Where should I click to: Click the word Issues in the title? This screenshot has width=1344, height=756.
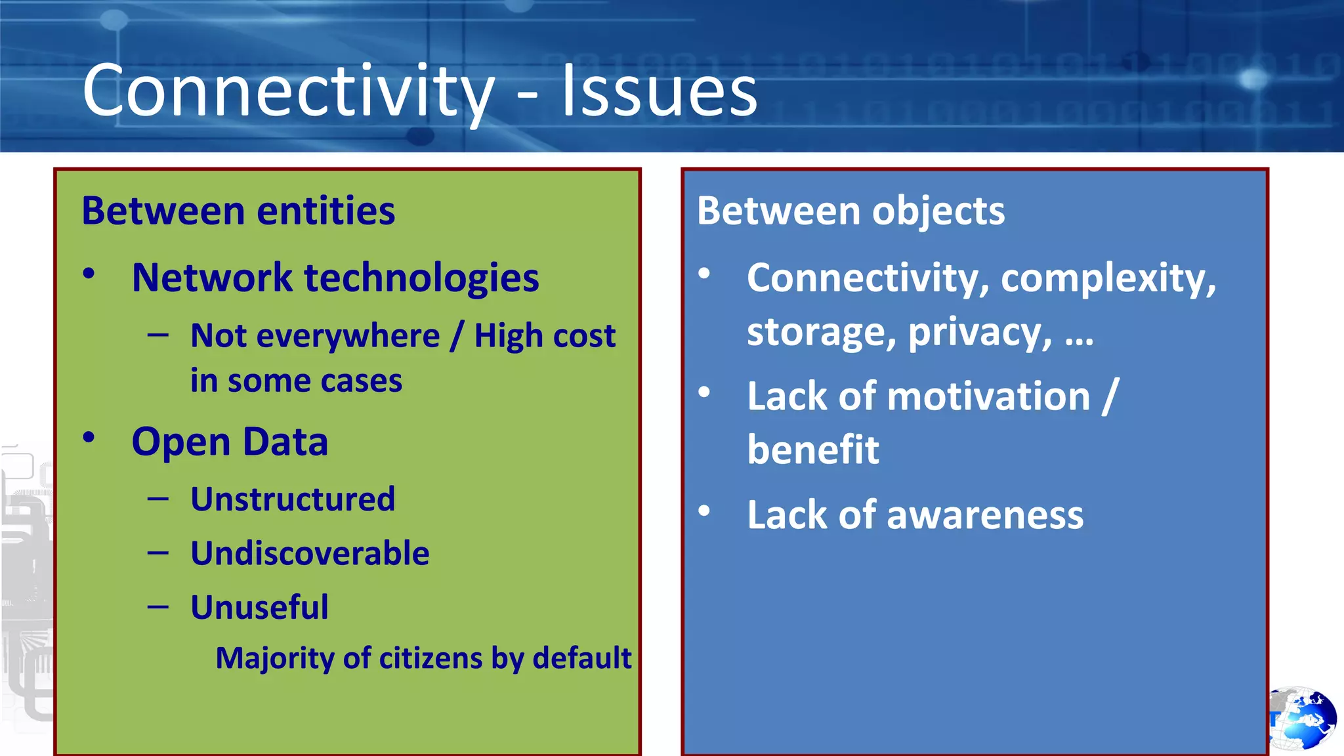[x=659, y=91]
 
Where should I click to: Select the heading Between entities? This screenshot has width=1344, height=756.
[x=238, y=211]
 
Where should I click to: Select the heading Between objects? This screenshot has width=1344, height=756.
[x=850, y=211]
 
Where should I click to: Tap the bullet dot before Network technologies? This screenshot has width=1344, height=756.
[x=89, y=274]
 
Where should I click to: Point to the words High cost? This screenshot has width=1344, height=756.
[x=545, y=336]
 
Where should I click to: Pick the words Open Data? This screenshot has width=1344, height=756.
[x=230, y=442]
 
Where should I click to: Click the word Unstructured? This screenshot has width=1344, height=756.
[x=293, y=499]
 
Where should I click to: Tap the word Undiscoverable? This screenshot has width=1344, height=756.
[x=310, y=553]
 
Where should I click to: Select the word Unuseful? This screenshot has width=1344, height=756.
[x=259, y=607]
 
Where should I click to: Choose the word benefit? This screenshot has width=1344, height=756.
[x=812, y=450]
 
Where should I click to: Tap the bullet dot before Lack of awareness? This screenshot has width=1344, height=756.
[x=704, y=511]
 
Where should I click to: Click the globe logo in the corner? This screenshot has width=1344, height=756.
[x=1302, y=719]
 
